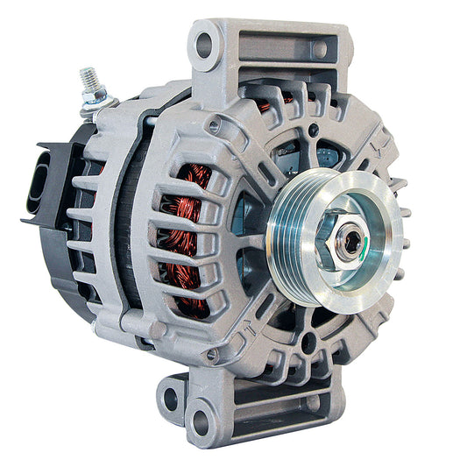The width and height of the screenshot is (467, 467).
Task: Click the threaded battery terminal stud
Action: pyautogui.click(x=89, y=81)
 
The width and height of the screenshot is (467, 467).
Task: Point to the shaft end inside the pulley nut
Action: pyautogui.click(x=351, y=243)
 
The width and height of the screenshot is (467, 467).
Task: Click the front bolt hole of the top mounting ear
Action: pyautogui.click(x=205, y=44)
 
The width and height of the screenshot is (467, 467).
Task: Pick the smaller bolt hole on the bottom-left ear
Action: pyautogui.click(x=171, y=400)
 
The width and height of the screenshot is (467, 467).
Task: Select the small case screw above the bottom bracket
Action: pyautogui.click(x=211, y=354)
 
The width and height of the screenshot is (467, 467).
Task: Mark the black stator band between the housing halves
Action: pyautogui.click(x=131, y=237)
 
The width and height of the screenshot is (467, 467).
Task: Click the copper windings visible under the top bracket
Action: pyautogui.click(x=272, y=104)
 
